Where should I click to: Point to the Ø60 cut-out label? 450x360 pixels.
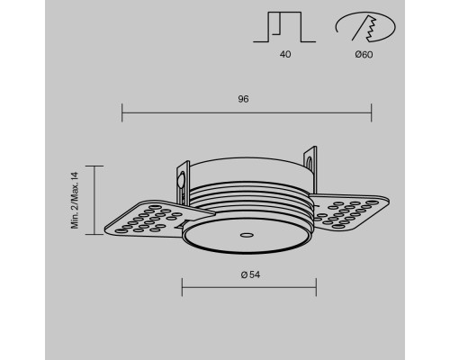tap(364, 55)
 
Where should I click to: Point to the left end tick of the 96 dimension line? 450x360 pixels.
tap(121, 112)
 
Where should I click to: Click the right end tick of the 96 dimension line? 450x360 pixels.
tap(372, 112)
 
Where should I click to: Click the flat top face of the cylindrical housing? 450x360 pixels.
tap(247, 168)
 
